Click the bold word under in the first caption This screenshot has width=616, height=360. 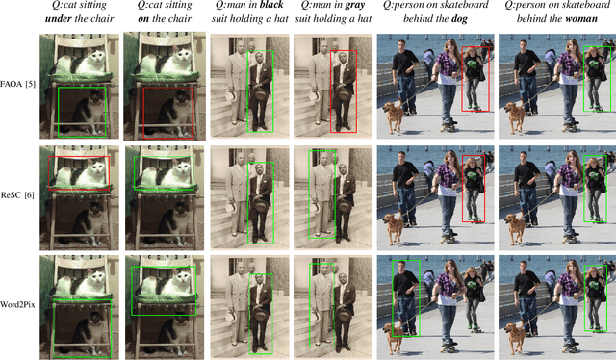click(x=63, y=22)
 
